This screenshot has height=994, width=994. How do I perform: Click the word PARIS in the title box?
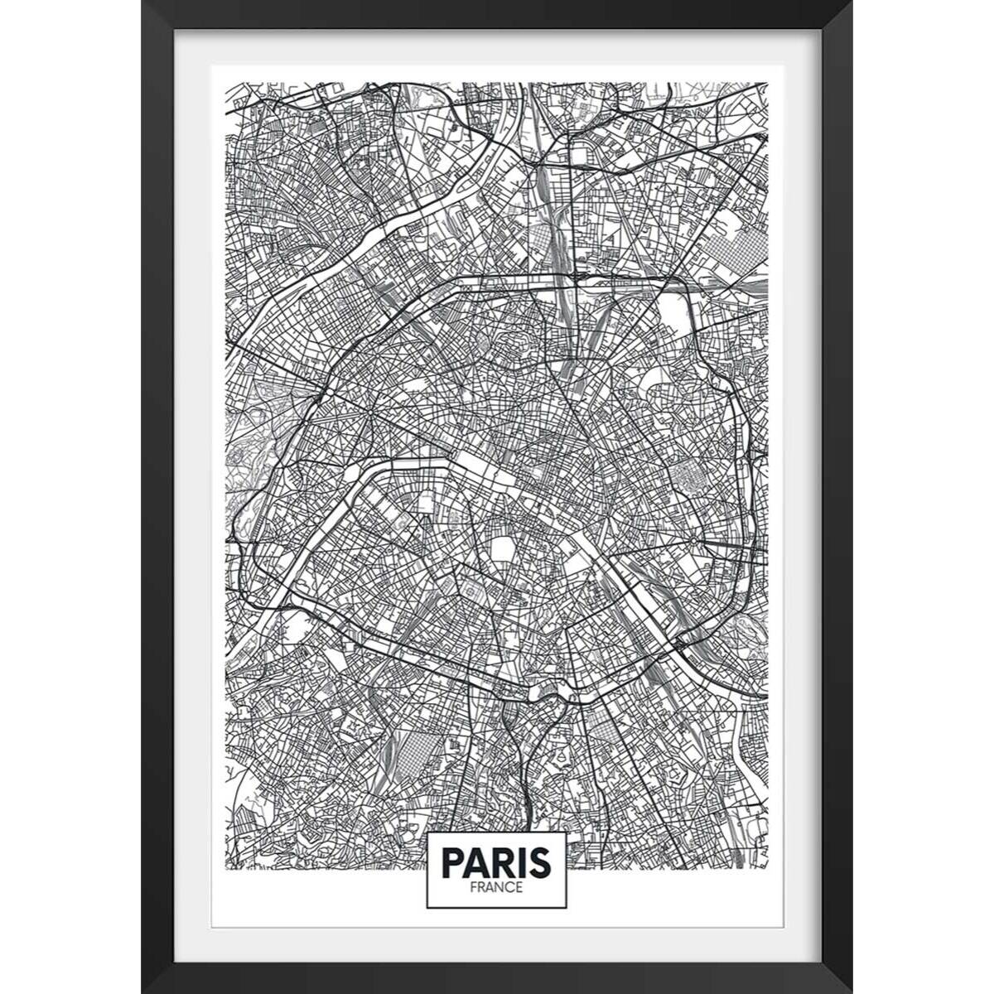click(496, 862)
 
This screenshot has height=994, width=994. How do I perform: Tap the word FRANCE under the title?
click(497, 887)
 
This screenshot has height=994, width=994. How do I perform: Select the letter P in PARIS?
click(452, 862)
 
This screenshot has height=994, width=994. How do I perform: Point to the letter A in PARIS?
click(476, 862)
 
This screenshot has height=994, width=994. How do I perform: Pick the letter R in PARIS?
click(500, 862)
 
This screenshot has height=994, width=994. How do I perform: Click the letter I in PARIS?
click(519, 862)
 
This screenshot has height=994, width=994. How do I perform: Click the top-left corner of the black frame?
click(143, 2)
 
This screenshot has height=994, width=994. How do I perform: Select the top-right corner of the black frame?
click(851, 2)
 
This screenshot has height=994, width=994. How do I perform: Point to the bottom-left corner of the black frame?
click(143, 992)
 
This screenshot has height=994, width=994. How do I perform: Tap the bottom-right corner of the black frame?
click(851, 992)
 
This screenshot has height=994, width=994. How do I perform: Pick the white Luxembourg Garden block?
click(503, 549)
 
